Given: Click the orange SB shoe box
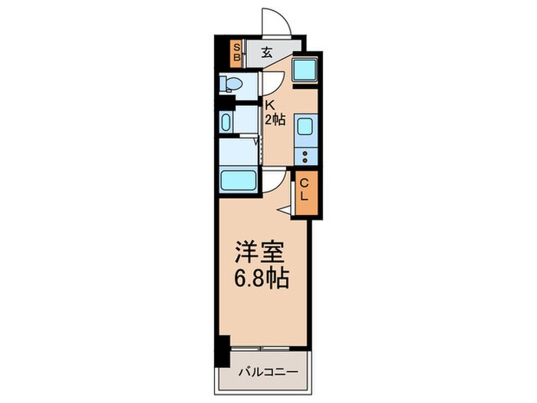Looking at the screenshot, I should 238,53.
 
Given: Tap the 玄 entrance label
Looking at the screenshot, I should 266,53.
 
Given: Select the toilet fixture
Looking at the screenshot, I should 229,83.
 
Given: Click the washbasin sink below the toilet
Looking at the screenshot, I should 226,122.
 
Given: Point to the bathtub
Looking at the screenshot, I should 239,181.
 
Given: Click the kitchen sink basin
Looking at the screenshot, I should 303,127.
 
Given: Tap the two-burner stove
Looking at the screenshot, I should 304,157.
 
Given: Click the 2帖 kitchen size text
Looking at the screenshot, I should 275,120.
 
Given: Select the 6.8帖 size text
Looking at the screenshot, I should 261,278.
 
